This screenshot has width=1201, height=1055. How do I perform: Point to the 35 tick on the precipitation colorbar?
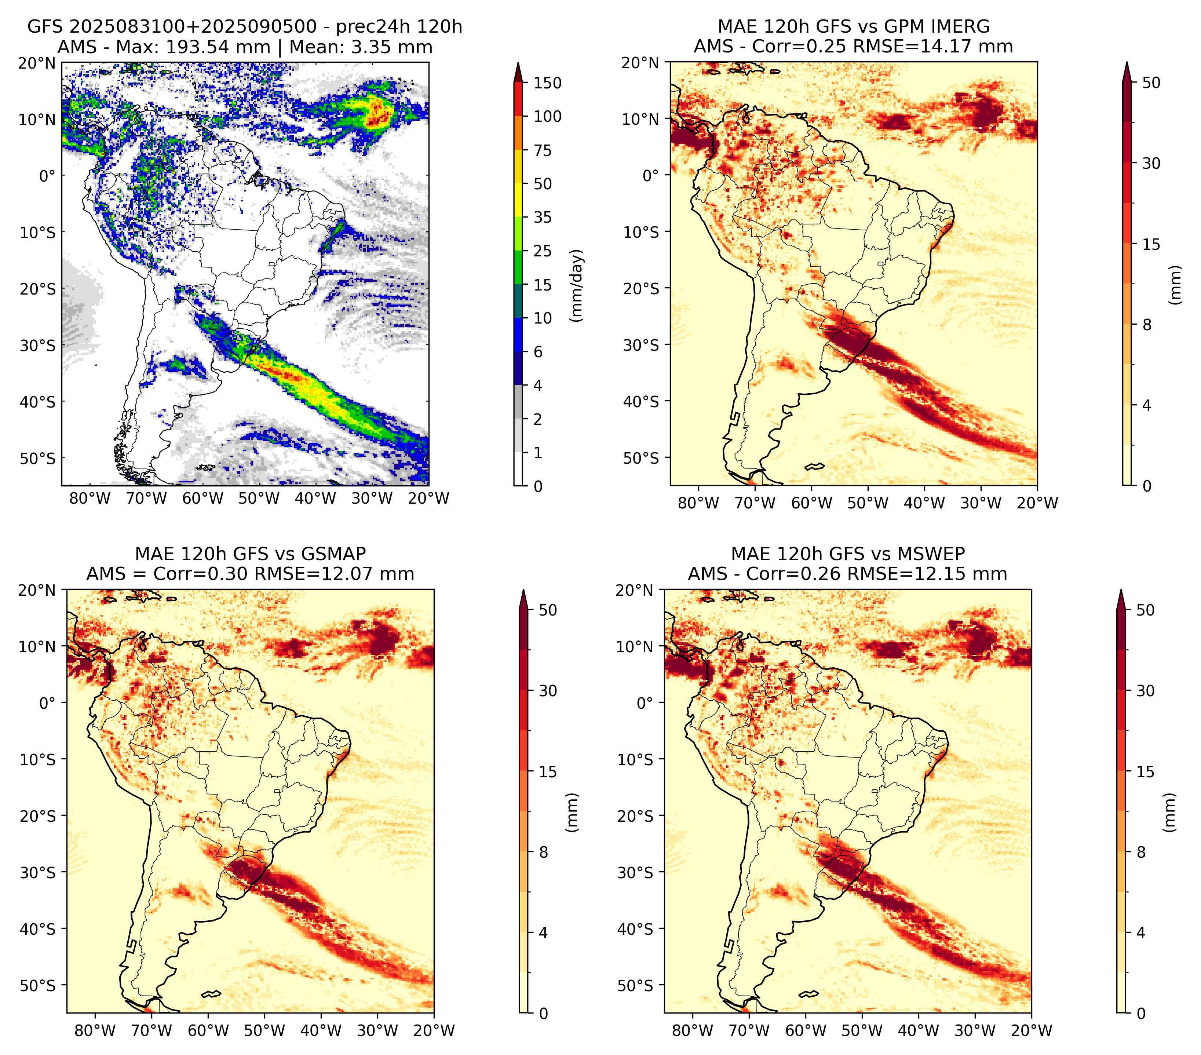543,217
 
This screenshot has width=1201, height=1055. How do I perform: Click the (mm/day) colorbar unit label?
578,285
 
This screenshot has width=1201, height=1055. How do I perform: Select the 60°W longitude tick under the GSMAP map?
209,1030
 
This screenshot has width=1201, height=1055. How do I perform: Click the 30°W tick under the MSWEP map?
975,1030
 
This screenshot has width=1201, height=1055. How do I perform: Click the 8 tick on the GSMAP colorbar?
544,853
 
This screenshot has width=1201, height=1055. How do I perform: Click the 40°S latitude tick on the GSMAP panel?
38,929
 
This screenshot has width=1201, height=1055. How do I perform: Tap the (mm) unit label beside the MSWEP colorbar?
1171,813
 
